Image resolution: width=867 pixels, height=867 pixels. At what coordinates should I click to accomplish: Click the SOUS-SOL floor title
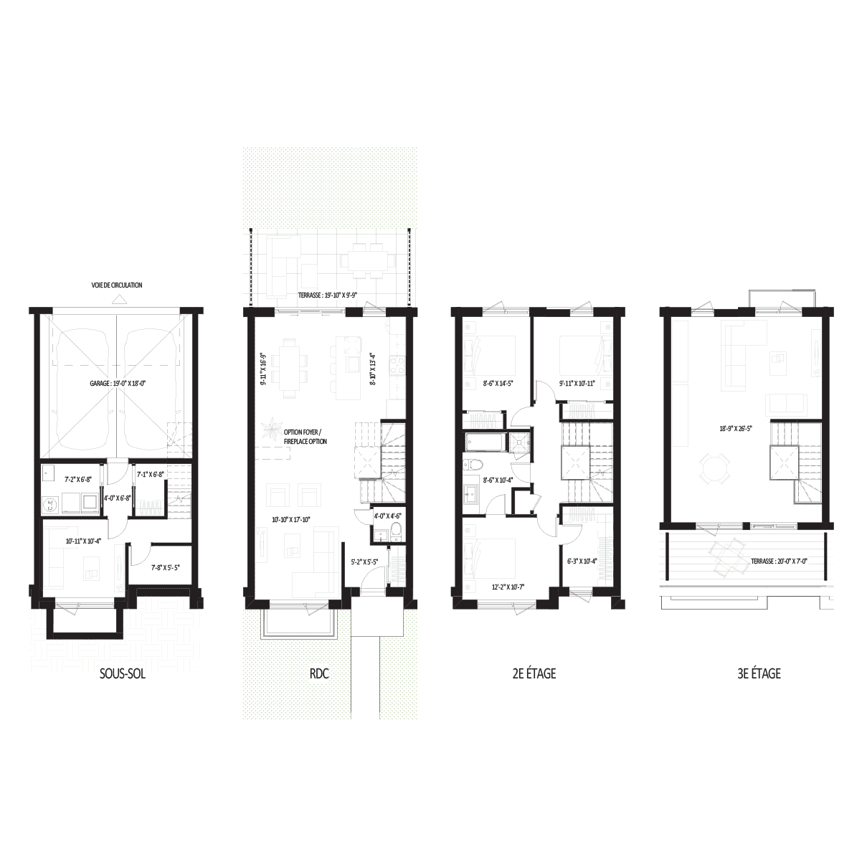click(123, 673)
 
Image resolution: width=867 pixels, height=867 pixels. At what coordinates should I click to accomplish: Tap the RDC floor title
click(319, 673)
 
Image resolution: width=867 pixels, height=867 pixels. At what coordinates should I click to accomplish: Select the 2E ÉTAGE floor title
click(534, 673)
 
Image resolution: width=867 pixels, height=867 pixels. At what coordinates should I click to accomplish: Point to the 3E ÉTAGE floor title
click(759, 673)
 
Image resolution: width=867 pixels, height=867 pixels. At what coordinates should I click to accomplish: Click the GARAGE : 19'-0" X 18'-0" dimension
click(118, 384)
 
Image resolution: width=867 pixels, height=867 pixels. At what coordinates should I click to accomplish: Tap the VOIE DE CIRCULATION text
click(116, 285)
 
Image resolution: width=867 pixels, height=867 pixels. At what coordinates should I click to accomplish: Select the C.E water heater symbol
click(49, 506)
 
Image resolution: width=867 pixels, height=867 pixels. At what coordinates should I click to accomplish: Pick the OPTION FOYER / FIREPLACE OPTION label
click(305, 437)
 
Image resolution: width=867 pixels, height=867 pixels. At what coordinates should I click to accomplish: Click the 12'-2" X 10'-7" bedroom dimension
click(510, 587)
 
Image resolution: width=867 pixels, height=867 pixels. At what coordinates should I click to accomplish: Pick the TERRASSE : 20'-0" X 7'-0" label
click(780, 561)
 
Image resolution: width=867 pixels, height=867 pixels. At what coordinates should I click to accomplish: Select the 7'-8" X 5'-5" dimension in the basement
click(166, 567)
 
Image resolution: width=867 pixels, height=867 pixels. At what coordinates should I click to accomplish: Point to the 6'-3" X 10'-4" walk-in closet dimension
click(582, 561)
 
